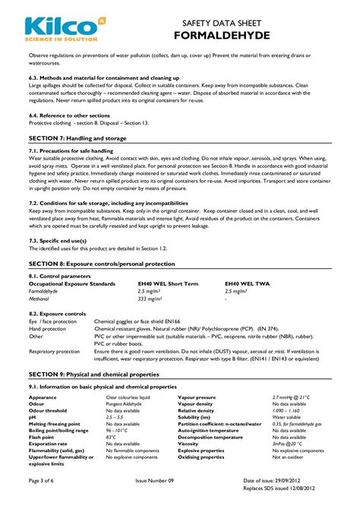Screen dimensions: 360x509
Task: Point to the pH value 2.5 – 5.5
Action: tap(115, 417)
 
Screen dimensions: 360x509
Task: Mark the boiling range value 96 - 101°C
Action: tap(118, 430)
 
